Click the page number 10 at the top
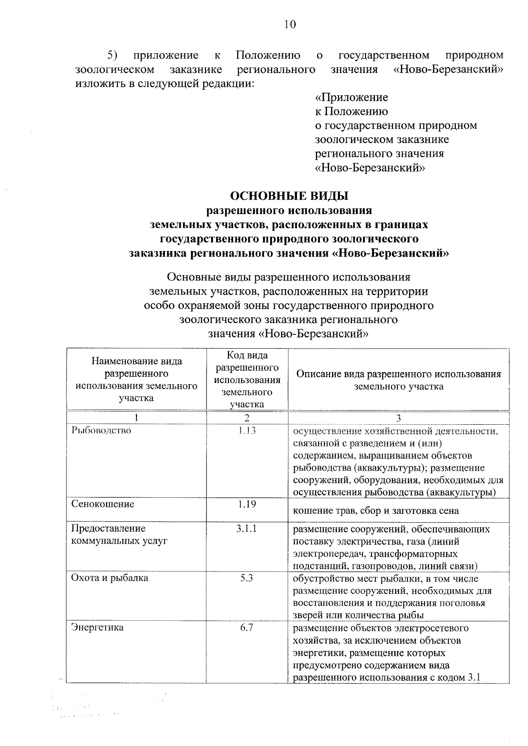click(x=290, y=24)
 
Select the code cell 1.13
click(x=247, y=430)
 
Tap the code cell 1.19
click(x=247, y=504)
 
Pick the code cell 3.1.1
click(x=247, y=529)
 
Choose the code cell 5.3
click(x=247, y=578)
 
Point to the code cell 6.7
click(x=247, y=627)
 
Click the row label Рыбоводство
click(x=101, y=430)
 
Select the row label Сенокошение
click(x=103, y=504)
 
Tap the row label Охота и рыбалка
click(x=110, y=578)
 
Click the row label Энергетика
click(x=97, y=627)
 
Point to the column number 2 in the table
click(x=247, y=418)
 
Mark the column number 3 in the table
click(x=399, y=418)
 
